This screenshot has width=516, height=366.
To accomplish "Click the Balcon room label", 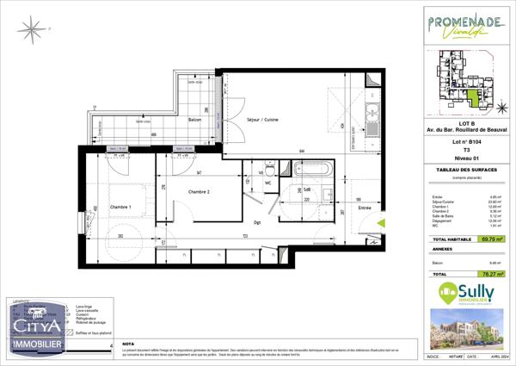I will coord(194,120).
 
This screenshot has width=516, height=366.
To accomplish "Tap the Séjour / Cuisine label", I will coord(262,118).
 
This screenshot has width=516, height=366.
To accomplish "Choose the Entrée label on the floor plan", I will coord(365,208).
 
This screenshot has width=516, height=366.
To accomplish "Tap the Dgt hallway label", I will coord(257,221).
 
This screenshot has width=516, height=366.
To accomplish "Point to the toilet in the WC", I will coord(270,160).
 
